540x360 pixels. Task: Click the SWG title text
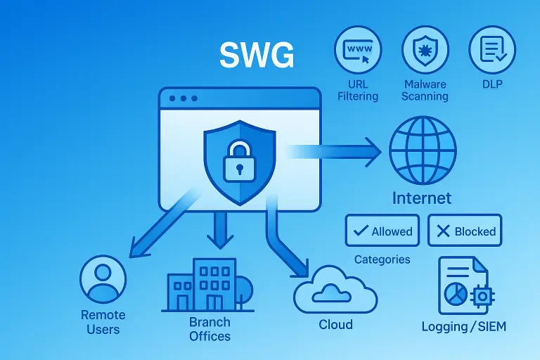(x=256, y=56)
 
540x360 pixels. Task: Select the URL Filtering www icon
(x=359, y=49)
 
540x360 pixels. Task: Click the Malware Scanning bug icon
(x=425, y=49)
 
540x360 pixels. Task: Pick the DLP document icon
(x=491, y=49)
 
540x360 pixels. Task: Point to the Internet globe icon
(x=422, y=150)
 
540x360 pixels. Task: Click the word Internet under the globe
(x=422, y=198)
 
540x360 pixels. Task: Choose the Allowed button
(x=382, y=231)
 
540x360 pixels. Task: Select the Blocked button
(x=465, y=231)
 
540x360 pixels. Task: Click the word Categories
(x=382, y=259)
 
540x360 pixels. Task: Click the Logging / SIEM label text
(x=463, y=326)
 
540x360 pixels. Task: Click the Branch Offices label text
(x=210, y=329)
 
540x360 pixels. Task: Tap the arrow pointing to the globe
(x=337, y=150)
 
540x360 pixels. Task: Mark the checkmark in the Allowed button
(x=361, y=231)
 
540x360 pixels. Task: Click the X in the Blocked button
(x=444, y=231)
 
